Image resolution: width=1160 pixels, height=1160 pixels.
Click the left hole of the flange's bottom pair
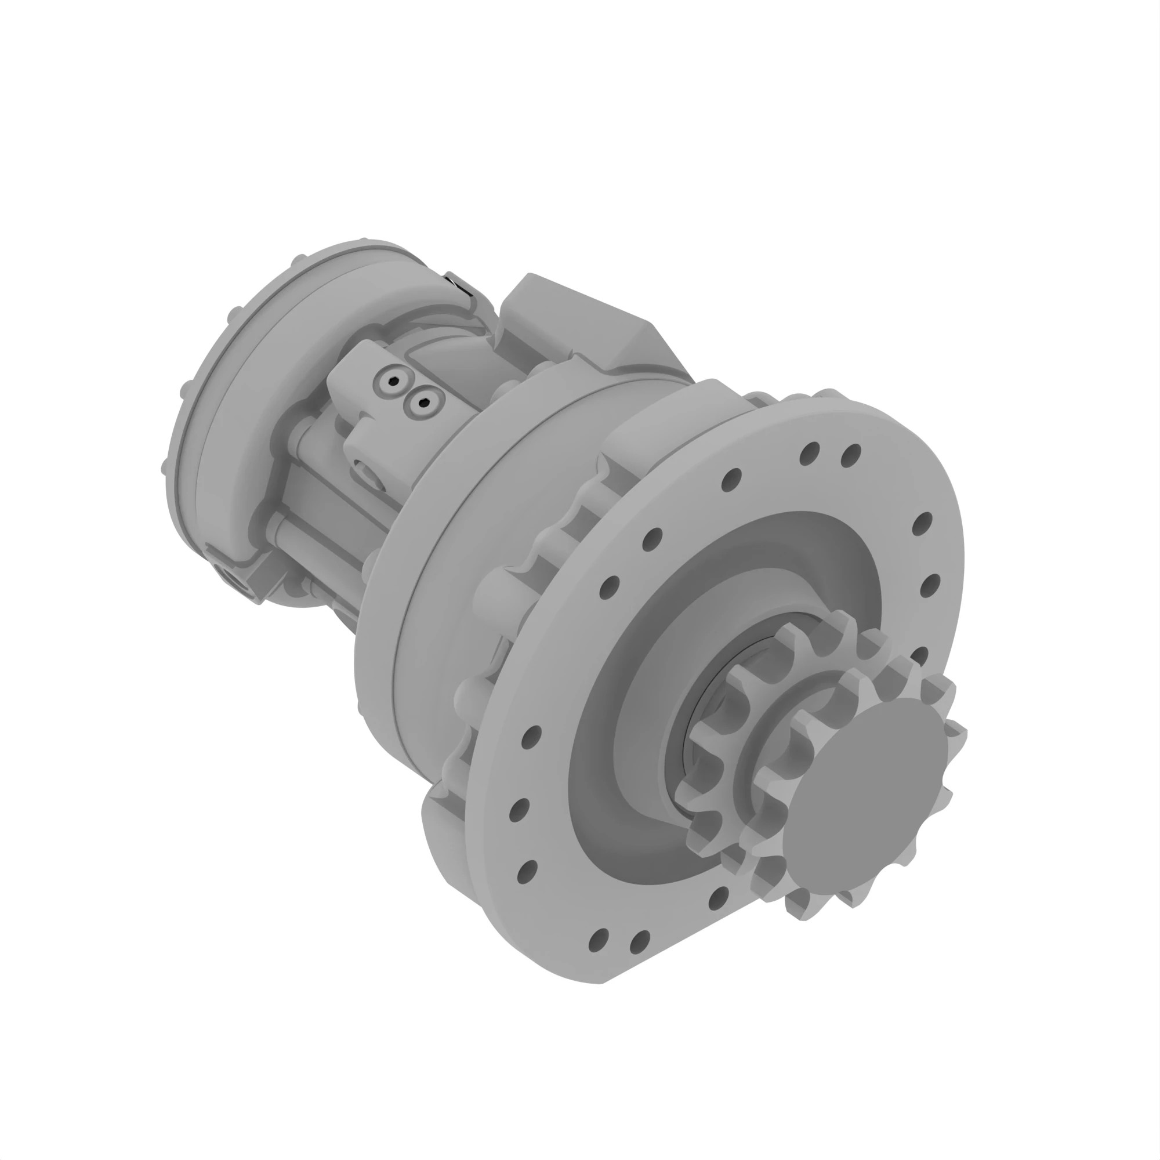(x=599, y=938)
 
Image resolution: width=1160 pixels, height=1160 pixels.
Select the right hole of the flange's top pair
(x=851, y=456)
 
